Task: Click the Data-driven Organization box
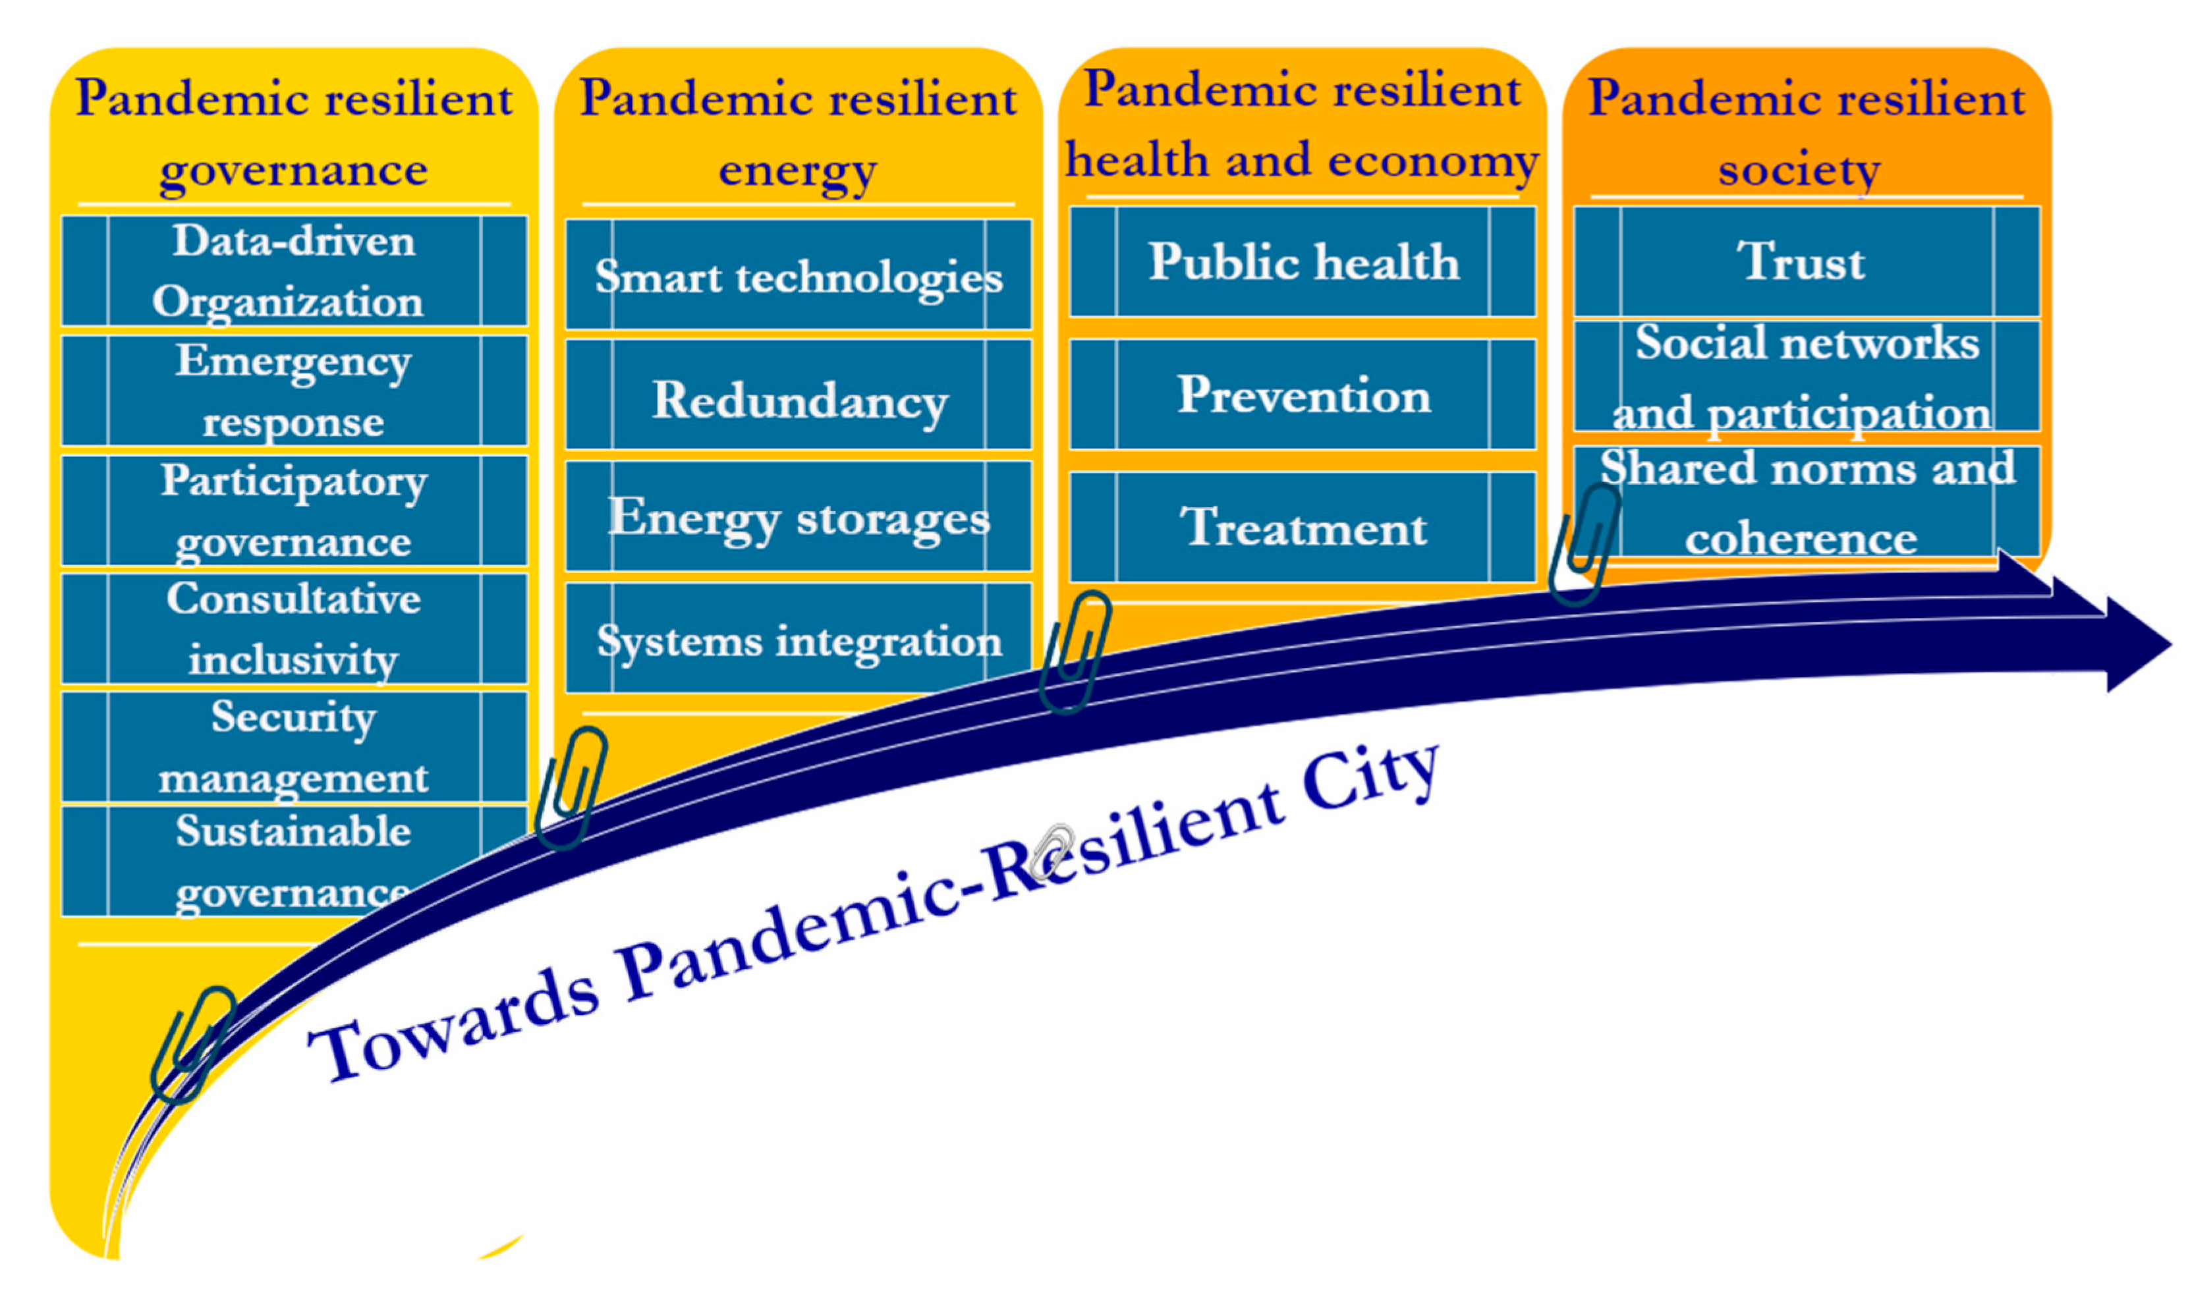294,271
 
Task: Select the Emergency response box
294,391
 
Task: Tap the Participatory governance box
294,510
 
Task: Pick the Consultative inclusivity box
294,628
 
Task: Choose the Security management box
294,746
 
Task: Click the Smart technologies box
799,275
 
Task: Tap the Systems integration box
799,638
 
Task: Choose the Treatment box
1303,527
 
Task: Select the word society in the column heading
1799,171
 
